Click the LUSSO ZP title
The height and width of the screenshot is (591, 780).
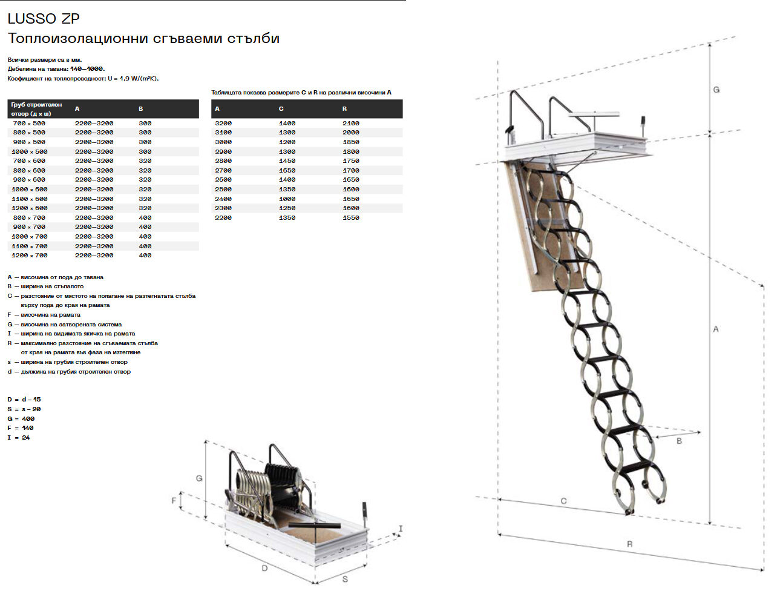pos(44,19)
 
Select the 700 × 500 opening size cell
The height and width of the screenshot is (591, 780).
pos(29,123)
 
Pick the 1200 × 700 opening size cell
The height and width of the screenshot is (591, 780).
pos(29,256)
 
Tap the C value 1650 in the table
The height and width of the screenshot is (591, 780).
pos(287,170)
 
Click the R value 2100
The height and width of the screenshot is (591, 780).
pos(351,123)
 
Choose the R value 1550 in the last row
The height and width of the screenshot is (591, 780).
pos(351,217)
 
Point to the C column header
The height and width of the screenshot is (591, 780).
pos(281,109)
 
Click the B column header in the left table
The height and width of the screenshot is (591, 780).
pos(141,109)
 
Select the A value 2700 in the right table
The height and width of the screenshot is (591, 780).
pos(223,170)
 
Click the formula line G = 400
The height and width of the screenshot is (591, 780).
pos(21,418)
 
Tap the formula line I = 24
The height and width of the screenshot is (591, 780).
pos(19,437)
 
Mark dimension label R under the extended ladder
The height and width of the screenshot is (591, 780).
pos(629,544)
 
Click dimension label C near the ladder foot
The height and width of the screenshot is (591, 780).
pos(563,501)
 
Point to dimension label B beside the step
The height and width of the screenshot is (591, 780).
pos(679,441)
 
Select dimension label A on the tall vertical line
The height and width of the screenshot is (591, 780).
pos(716,329)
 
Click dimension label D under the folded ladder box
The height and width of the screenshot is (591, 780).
pos(264,568)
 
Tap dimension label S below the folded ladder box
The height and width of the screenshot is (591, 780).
pos(345,579)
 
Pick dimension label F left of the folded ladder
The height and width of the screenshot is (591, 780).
pos(174,501)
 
